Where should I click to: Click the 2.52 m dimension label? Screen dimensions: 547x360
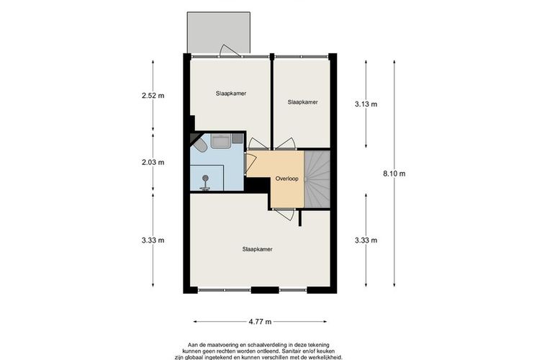[x=153, y=96]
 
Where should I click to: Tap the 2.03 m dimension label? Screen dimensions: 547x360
[x=153, y=162]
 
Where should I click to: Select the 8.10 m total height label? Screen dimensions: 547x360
[x=394, y=174]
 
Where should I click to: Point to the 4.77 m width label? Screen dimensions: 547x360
[x=260, y=322]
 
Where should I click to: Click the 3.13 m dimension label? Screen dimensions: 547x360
[x=366, y=104]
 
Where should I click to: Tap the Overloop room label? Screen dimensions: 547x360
[x=286, y=179]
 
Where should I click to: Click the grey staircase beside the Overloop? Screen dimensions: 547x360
[x=317, y=179]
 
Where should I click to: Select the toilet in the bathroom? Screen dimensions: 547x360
[x=200, y=145]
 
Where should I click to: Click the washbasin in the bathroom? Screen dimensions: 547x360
[x=220, y=140]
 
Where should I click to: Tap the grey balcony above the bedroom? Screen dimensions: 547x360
[x=219, y=32]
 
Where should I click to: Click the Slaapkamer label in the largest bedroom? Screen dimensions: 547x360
[x=257, y=249]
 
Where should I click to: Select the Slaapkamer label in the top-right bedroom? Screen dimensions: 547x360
[x=302, y=102]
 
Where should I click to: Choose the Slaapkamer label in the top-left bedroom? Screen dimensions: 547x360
[x=231, y=94]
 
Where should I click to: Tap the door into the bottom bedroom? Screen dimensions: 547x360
[x=284, y=214]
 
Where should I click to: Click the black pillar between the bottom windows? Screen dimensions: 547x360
[x=265, y=290]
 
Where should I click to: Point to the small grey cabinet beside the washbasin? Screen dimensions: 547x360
[x=238, y=138]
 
